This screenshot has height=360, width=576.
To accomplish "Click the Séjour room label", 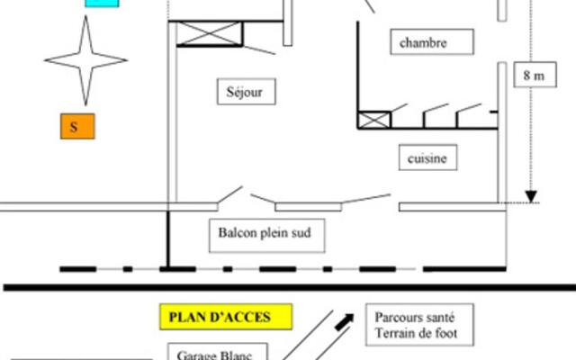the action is pyautogui.click(x=246, y=92).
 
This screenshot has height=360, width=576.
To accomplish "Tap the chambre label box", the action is pyautogui.click(x=432, y=42).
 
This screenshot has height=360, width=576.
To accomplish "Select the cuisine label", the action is pyautogui.click(x=428, y=157).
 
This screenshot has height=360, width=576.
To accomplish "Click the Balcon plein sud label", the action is pyautogui.click(x=266, y=236).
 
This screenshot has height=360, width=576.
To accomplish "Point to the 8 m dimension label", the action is pyautogui.click(x=535, y=75).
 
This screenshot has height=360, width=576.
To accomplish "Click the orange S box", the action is pyautogui.click(x=77, y=126).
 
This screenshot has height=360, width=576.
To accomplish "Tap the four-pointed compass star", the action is pyautogui.click(x=86, y=60).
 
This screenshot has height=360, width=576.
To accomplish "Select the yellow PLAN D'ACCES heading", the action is pyautogui.click(x=226, y=317).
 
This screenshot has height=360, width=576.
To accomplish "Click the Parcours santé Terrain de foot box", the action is pyautogui.click(x=419, y=325).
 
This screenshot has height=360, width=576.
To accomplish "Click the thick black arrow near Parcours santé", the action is pyautogui.click(x=344, y=322).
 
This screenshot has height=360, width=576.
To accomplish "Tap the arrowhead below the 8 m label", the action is pyautogui.click(x=531, y=196).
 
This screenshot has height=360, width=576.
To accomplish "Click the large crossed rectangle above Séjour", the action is pyautogui.click(x=210, y=34).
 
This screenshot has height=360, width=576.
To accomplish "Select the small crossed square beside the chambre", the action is pyautogui.click(x=374, y=121).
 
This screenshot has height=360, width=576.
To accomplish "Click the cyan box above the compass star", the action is pyautogui.click(x=102, y=4).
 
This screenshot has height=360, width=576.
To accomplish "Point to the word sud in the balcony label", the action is pyautogui.click(x=301, y=232).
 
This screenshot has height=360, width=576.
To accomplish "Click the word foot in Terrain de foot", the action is pyautogui.click(x=446, y=333).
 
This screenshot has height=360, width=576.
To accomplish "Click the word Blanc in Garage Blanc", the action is pyautogui.click(x=236, y=355).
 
